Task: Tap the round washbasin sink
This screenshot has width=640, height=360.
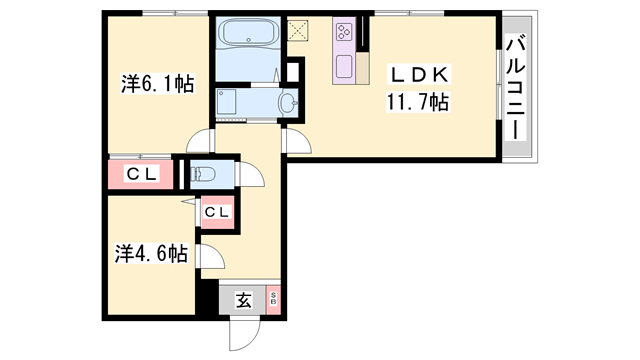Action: [x=289, y=102]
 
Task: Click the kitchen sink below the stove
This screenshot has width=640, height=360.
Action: [x=343, y=67]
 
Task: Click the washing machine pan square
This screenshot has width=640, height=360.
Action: [x=226, y=102]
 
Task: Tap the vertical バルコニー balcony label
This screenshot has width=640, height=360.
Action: [x=516, y=88]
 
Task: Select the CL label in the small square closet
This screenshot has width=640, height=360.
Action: [x=216, y=212]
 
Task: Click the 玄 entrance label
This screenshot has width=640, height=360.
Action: [x=243, y=299]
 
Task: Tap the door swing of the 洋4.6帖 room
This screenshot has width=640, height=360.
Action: [x=211, y=260]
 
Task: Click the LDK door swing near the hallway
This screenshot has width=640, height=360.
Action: [x=296, y=141]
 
